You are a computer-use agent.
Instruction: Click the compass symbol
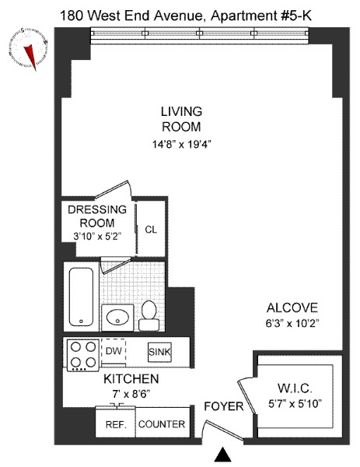[x=28, y=49]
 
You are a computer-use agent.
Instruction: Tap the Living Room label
[x=181, y=119]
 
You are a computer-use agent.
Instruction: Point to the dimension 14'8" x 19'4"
[x=181, y=143]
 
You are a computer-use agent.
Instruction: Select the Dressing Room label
[x=97, y=216]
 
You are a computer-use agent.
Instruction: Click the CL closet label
[x=151, y=230]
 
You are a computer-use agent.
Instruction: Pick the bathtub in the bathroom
[x=81, y=297]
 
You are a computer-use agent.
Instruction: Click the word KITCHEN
[x=131, y=379]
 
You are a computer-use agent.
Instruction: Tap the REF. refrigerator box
[x=115, y=424]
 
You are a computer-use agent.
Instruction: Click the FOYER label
[x=224, y=407]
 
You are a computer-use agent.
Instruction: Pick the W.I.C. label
[x=295, y=388]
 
